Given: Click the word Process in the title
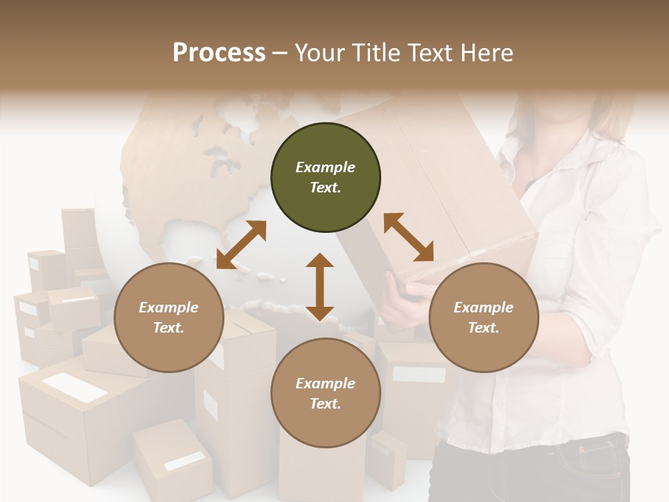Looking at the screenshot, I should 219,53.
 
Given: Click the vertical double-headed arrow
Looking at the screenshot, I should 320,287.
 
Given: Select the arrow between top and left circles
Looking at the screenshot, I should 241,245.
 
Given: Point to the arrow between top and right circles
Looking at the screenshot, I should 408,238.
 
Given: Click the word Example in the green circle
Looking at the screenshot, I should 325,167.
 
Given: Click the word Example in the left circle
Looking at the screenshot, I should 169,307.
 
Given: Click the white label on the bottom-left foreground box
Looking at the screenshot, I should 185,461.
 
